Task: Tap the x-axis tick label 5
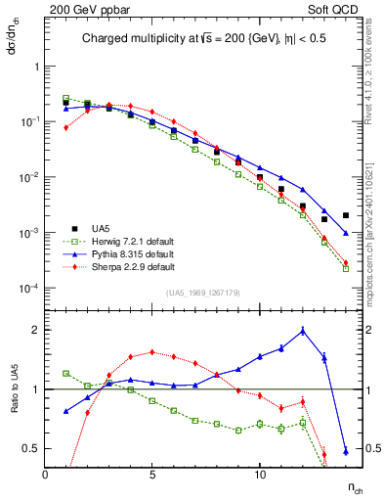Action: click(152, 475)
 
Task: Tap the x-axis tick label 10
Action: click(259, 475)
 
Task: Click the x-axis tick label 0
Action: click(45, 475)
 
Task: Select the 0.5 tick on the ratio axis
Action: click(34, 448)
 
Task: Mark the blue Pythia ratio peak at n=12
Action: click(303, 331)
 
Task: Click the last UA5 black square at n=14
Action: click(346, 215)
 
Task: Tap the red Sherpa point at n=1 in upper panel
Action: click(66, 127)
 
